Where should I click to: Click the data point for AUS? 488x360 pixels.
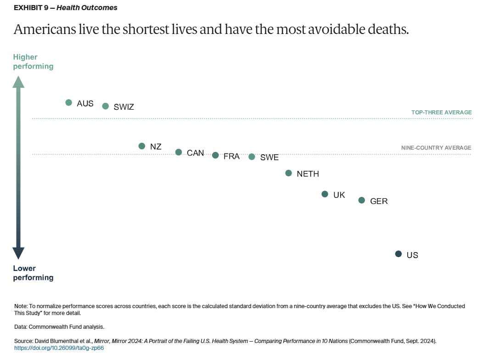pyautogui.click(x=69, y=102)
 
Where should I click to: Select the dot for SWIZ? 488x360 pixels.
pyautogui.click(x=105, y=106)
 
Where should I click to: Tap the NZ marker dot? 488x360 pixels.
pyautogui.click(x=142, y=146)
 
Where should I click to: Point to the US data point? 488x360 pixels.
pyautogui.click(x=398, y=254)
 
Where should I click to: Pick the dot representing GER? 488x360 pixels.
pyautogui.click(x=362, y=200)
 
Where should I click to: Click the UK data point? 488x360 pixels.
pyautogui.click(x=325, y=194)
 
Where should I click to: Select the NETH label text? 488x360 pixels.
pyautogui.click(x=308, y=174)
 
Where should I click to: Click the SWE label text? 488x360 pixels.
pyautogui.click(x=269, y=157)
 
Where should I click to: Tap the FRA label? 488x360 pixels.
pyautogui.click(x=231, y=157)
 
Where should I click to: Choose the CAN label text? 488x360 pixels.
pyautogui.click(x=195, y=153)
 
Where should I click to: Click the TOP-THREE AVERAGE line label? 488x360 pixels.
pyautogui.click(x=441, y=112)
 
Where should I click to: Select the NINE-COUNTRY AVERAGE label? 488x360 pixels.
pyautogui.click(x=436, y=147)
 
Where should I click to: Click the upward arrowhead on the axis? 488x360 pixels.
pyautogui.click(x=18, y=82)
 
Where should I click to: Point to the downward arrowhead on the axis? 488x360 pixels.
pyautogui.click(x=18, y=253)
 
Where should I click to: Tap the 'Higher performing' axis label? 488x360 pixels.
pyautogui.click(x=33, y=62)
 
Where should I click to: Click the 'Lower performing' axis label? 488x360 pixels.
pyautogui.click(x=33, y=273)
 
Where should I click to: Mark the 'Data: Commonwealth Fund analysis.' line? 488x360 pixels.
pyautogui.click(x=59, y=327)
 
